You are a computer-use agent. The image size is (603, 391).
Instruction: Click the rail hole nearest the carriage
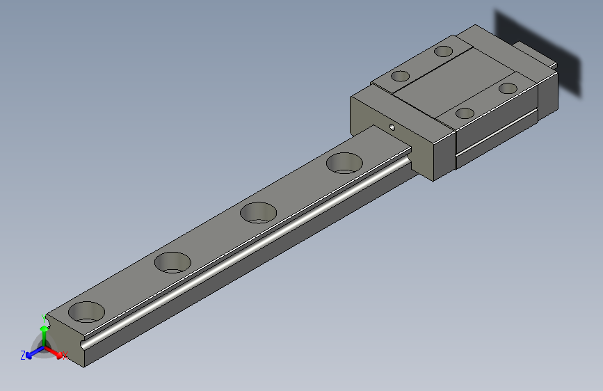pos(344,163)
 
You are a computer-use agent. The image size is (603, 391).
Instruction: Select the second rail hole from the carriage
pos(258,212)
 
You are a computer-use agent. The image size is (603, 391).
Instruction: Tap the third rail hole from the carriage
pos(172,262)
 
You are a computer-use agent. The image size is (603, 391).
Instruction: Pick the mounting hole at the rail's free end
pos(87,312)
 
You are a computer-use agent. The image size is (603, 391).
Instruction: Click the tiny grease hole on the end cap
pos(392,127)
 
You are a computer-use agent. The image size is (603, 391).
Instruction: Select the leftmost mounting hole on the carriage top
pos(400,76)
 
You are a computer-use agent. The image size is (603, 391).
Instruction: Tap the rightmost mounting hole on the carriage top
pos(508,88)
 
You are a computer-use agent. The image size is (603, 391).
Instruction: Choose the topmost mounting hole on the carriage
pos(443,51)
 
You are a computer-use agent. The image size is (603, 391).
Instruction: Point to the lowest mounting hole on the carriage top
pos(465,113)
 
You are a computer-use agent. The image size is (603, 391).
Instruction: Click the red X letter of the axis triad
pos(65,356)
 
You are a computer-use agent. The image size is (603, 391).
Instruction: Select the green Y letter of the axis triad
pos(44,317)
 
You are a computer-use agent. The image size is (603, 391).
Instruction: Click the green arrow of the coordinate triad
pos(44,332)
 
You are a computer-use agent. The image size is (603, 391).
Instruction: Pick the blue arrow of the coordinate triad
pos(31,354)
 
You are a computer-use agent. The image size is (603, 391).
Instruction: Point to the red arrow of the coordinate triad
pos(55,352)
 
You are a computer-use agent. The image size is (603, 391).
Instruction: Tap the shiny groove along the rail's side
pos(243,250)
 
